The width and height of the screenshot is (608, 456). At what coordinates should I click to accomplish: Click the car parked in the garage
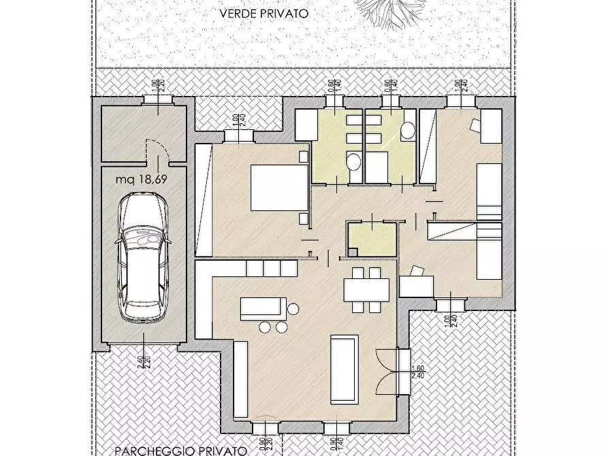(x=142, y=257)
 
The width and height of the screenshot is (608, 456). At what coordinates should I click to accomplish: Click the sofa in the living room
(x=345, y=369)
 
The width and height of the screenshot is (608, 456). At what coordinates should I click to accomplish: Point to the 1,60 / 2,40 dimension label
(x=417, y=372)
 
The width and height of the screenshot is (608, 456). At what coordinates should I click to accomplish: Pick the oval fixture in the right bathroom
(x=408, y=131)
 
